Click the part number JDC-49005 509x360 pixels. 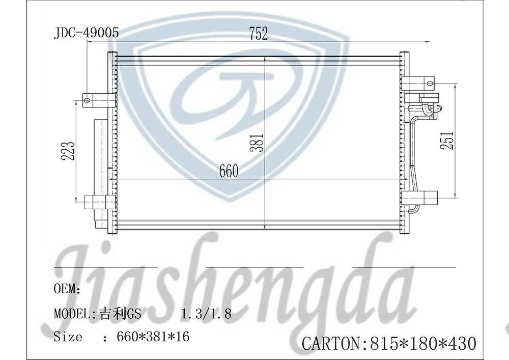pos(87,34)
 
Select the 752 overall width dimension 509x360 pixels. pos(258,34)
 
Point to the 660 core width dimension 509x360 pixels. pos(229,172)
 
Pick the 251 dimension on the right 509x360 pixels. pos(446,141)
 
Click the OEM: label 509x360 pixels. pos(67,289)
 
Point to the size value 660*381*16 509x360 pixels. pos(153,337)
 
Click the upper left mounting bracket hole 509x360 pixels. pos(88,99)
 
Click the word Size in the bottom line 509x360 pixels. pos(68,337)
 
